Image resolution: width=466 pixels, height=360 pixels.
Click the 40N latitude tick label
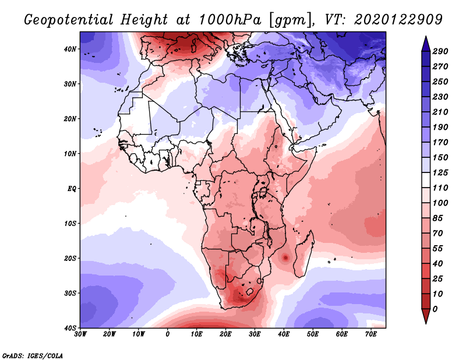click(70, 49)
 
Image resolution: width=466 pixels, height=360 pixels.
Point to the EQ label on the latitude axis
click(72, 189)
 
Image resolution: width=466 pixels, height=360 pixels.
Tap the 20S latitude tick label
click(70, 258)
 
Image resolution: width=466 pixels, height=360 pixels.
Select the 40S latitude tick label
click(70, 328)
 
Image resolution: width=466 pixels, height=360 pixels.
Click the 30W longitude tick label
click(80, 334)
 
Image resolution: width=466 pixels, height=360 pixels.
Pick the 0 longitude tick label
click(168, 334)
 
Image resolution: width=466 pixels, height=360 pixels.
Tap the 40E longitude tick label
click(284, 334)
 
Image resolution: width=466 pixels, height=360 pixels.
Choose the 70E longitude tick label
click(371, 334)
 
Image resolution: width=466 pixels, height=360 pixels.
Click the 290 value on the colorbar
click(440, 51)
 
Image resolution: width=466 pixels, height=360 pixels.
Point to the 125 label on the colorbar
click(440, 172)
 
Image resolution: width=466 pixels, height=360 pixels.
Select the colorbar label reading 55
click(438, 249)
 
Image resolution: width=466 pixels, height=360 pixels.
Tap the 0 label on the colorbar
click(435, 309)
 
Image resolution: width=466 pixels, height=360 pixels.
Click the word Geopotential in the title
click(69, 20)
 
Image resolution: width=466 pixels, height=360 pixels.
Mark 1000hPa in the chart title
click(230, 20)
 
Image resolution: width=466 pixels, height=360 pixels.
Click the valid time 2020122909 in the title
click(398, 20)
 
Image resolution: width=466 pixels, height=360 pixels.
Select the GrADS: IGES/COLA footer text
click(33, 356)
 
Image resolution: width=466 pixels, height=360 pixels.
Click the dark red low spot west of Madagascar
click(285, 257)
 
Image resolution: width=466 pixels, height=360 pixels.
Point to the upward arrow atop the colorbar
click(426, 44)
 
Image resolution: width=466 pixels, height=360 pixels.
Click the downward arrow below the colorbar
click(426, 316)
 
